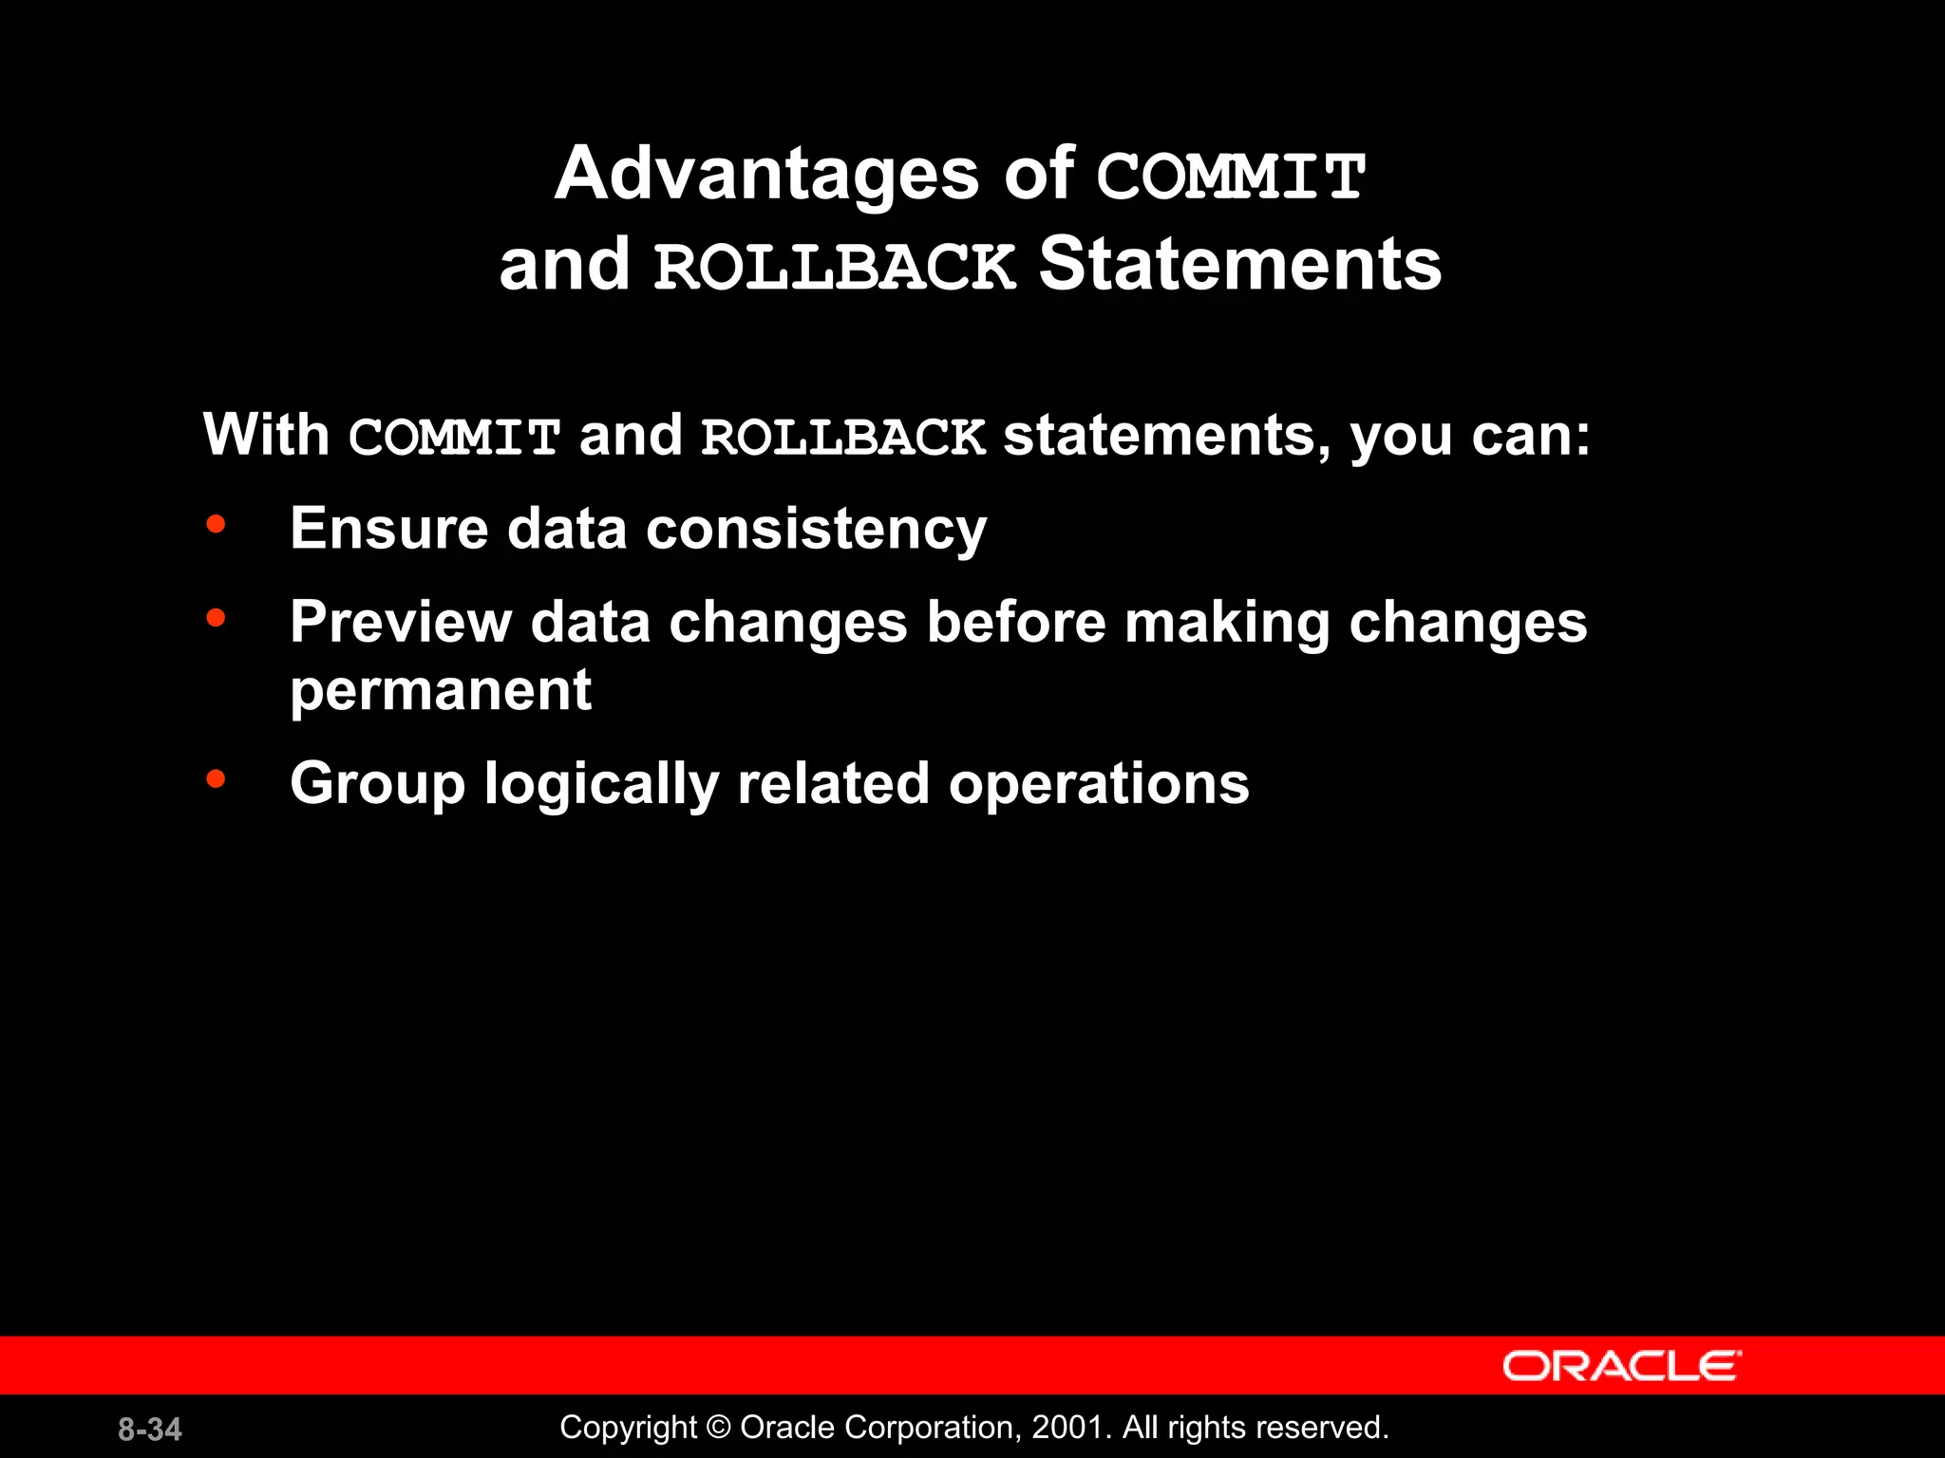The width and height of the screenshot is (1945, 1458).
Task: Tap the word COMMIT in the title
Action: pyautogui.click(x=1231, y=178)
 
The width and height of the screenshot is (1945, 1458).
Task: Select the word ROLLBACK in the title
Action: pyautogui.click(x=835, y=267)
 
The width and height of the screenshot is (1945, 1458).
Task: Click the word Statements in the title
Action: pyautogui.click(x=1239, y=265)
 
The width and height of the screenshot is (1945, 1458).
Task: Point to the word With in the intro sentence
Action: pyautogui.click(x=266, y=436)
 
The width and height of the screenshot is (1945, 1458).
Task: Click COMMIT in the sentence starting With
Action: pyautogui.click(x=454, y=438)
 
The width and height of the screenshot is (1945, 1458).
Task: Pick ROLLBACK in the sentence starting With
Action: pyautogui.click(x=842, y=438)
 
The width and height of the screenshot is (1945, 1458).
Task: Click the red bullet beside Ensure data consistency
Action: pyautogui.click(x=217, y=525)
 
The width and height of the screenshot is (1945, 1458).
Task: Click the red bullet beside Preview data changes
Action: pyautogui.click(x=217, y=619)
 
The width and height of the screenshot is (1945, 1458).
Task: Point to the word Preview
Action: pyautogui.click(x=400, y=624)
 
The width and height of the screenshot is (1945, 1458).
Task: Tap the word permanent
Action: pyautogui.click(x=441, y=690)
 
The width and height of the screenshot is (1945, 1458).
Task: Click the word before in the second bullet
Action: pyautogui.click(x=1015, y=623)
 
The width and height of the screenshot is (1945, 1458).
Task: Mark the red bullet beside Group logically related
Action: pyautogui.click(x=217, y=779)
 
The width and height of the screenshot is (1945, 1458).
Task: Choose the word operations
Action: pyautogui.click(x=1099, y=784)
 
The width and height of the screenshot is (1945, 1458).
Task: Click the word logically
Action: pyautogui.click(x=600, y=786)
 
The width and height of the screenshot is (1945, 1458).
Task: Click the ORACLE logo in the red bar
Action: pyautogui.click(x=1621, y=1366)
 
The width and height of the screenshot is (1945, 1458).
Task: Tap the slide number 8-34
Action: pyautogui.click(x=150, y=1430)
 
